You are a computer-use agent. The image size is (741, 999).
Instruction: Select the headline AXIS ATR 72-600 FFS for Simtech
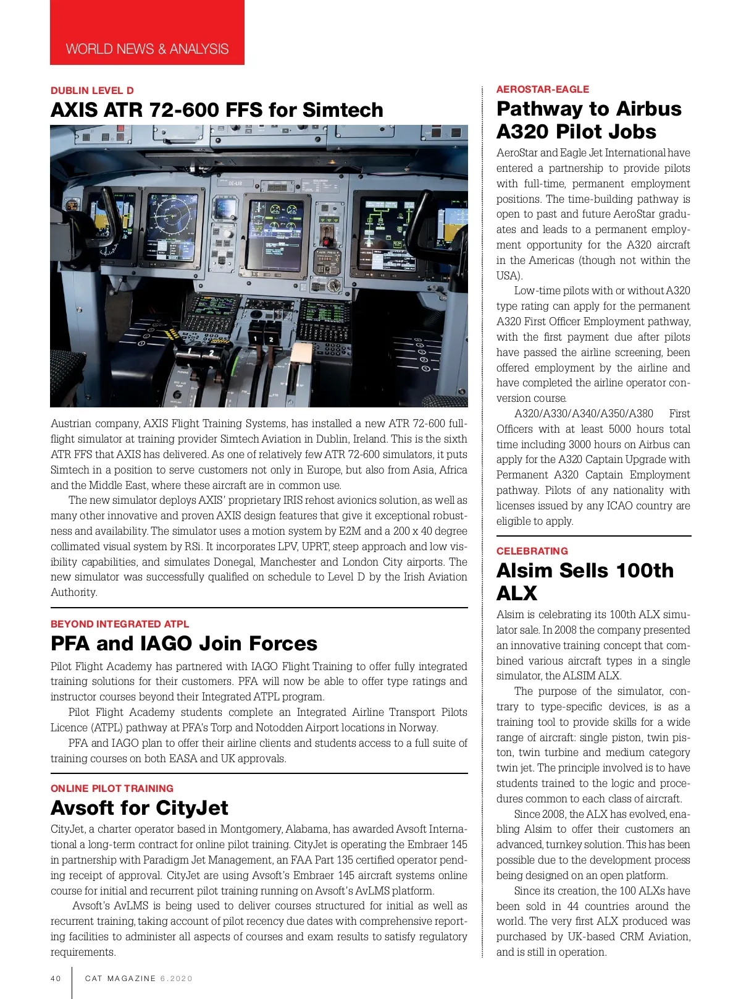pyautogui.click(x=217, y=110)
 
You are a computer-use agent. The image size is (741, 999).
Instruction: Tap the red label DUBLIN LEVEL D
pyautogui.click(x=92, y=90)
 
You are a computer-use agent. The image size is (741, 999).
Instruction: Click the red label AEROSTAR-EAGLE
pyautogui.click(x=543, y=89)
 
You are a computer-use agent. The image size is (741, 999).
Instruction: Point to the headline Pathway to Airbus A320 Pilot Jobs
pyautogui.click(x=588, y=120)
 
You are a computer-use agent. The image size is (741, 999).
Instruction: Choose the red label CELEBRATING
pyautogui.click(x=532, y=551)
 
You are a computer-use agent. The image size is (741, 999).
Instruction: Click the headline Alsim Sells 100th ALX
pyautogui.click(x=585, y=581)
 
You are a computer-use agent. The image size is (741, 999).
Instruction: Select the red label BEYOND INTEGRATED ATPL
pyautogui.click(x=120, y=624)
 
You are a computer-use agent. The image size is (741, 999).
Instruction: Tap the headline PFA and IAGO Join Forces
pyautogui.click(x=184, y=644)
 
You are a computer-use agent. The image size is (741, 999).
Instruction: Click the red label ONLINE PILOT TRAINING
pyautogui.click(x=112, y=788)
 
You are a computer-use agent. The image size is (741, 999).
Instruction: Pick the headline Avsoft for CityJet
pyautogui.click(x=140, y=808)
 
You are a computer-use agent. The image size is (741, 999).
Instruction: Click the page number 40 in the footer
pyautogui.click(x=56, y=979)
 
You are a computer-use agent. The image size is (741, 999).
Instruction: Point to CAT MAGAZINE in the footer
pyautogui.click(x=120, y=979)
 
